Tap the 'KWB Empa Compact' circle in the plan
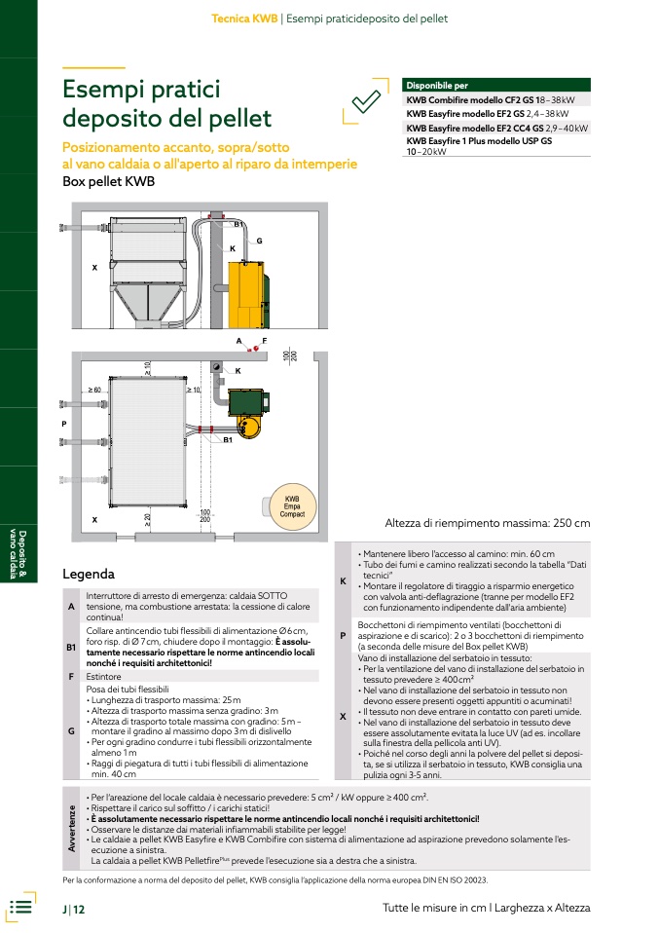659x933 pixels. [x=292, y=506]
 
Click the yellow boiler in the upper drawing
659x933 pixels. [x=246, y=294]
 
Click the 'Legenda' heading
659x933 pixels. [x=89, y=575]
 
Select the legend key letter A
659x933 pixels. [x=71, y=607]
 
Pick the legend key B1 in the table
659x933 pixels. [x=71, y=648]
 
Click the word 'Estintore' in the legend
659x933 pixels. [x=103, y=677]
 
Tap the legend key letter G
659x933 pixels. [x=71, y=730]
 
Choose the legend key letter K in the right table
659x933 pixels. [x=344, y=581]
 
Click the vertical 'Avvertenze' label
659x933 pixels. [x=71, y=828]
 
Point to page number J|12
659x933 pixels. [x=74, y=910]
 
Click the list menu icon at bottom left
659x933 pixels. [x=20, y=907]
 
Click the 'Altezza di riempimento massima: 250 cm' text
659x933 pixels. [x=488, y=523]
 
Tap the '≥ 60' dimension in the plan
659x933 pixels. [x=94, y=390]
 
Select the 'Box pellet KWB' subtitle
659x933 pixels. [x=109, y=181]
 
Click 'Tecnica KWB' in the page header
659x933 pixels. [x=244, y=19]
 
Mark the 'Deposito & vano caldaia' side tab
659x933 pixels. [x=18, y=554]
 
